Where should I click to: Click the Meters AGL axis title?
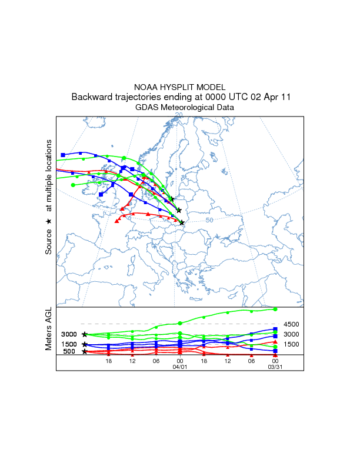(49, 330)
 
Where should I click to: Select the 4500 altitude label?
(292, 324)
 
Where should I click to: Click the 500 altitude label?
(69, 352)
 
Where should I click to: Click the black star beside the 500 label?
(85, 352)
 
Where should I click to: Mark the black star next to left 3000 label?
(85, 334)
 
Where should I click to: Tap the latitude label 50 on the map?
(209, 220)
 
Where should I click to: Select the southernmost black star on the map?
(182, 222)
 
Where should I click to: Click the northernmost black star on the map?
(172, 199)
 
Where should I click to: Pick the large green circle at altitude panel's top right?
(275, 309)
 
